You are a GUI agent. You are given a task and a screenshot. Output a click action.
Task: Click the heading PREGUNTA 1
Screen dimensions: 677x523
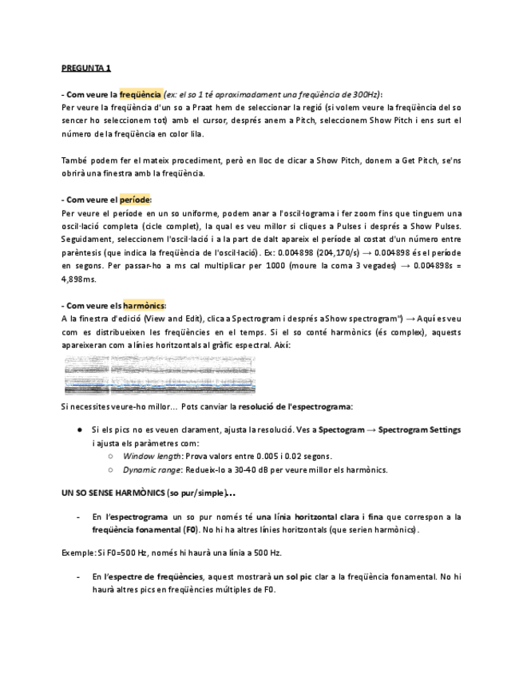pos(86,69)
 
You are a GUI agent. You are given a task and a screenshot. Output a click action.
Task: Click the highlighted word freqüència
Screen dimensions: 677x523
pos(141,93)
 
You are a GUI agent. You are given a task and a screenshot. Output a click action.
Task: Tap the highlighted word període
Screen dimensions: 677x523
pos(135,200)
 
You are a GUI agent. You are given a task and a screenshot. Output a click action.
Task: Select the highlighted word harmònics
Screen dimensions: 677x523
pos(143,306)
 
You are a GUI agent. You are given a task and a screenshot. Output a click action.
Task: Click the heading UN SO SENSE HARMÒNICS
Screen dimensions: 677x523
pos(113,493)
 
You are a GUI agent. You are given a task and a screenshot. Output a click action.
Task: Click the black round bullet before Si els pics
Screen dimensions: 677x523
pos(80,430)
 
